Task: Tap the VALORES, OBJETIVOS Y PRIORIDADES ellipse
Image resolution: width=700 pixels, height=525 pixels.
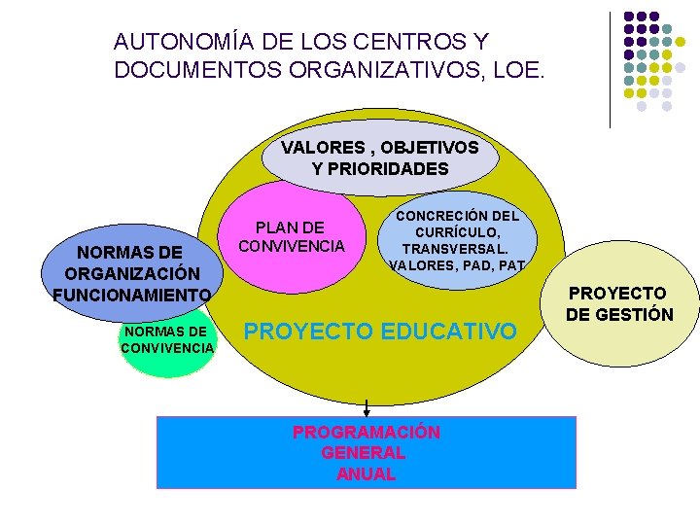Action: point(380,157)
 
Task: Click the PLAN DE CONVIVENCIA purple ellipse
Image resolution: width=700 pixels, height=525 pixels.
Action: point(291,238)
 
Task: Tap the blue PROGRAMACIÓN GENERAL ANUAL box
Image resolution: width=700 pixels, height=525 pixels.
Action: point(367,453)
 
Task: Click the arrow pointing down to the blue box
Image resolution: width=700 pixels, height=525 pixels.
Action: point(367,406)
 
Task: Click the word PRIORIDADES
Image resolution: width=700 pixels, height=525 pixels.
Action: point(380,169)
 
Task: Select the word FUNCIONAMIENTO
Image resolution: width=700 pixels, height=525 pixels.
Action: point(131,295)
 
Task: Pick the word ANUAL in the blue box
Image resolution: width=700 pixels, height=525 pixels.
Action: point(367,474)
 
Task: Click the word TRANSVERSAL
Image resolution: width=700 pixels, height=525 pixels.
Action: point(456,248)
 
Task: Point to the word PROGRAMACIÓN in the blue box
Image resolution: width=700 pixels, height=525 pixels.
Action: point(367,432)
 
